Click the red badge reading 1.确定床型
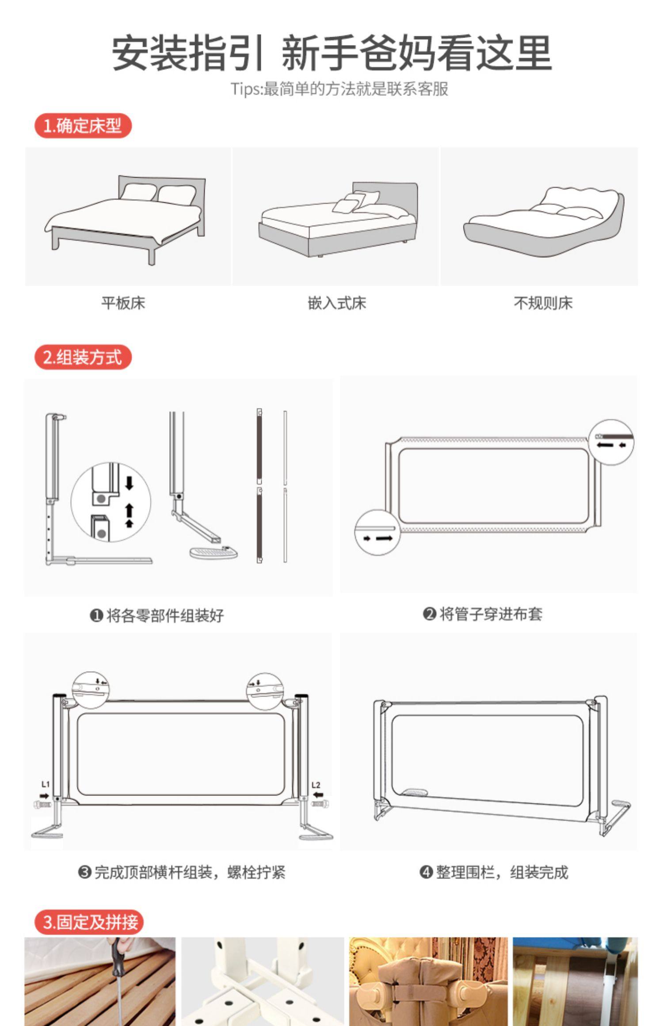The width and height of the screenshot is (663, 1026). coord(83,126)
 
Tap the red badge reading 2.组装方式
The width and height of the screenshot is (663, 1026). coord(83,357)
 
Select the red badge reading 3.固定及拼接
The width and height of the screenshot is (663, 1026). coord(89,922)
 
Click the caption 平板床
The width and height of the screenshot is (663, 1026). coord(123,303)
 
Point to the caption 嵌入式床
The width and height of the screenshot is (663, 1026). coord(337,303)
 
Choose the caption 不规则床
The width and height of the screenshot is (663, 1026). coord(543,303)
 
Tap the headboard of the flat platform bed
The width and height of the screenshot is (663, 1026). coord(161,190)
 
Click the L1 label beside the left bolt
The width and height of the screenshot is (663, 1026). coord(46,785)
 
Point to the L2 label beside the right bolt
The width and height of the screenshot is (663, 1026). coord(316,785)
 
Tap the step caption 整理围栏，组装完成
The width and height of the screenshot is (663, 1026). coord(494,872)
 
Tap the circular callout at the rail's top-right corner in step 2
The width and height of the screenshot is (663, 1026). coord(611,442)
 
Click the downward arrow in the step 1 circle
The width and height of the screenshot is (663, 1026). coord(129,483)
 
